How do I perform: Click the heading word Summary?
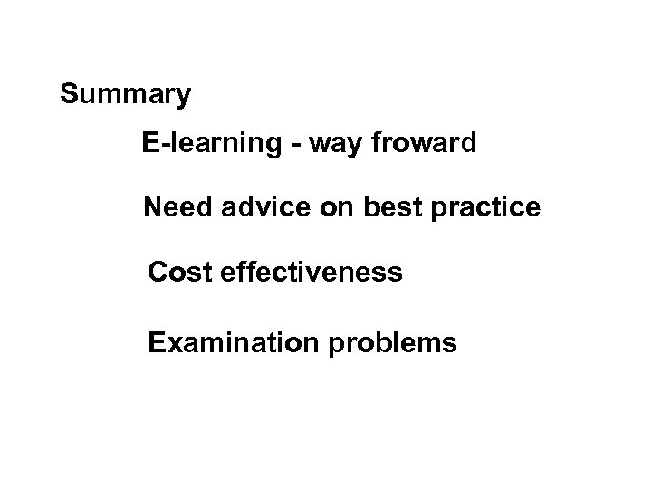(x=125, y=94)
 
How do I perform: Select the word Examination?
(x=225, y=343)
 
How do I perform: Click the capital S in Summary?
(x=69, y=94)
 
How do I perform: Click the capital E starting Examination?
(x=157, y=343)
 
